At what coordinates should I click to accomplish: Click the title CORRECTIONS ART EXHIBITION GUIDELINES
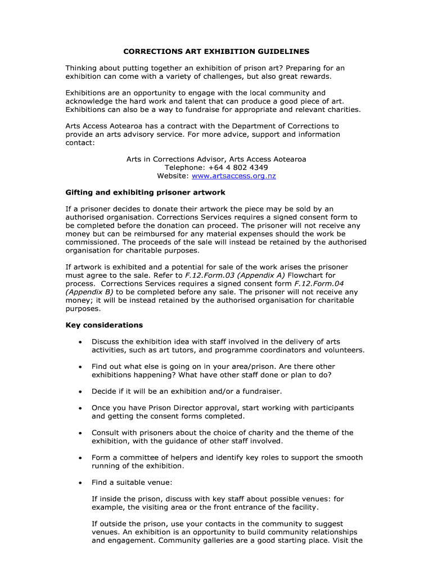click(x=216, y=51)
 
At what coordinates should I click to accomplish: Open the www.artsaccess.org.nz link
click(x=234, y=176)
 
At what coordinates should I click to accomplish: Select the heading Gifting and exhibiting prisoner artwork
click(x=146, y=192)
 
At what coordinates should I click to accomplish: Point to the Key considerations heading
click(x=104, y=325)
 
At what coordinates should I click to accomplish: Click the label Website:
click(x=173, y=176)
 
